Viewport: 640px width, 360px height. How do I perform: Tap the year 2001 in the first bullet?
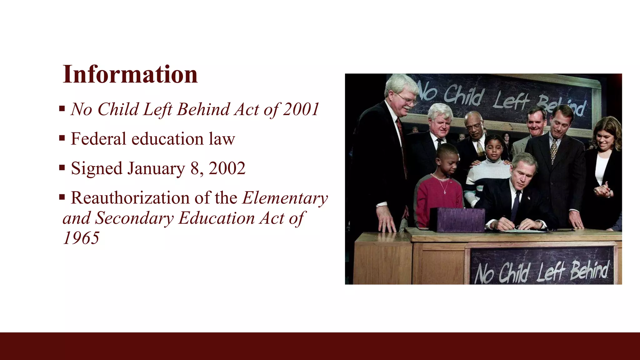pos(301,109)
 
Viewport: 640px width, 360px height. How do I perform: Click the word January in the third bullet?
pos(156,169)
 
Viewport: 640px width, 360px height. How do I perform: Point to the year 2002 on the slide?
pos(227,168)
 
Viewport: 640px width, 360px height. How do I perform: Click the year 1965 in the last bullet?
pos(81,238)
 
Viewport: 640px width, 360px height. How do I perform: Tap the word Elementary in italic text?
pos(285,198)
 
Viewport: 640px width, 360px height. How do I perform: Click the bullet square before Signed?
pos(62,168)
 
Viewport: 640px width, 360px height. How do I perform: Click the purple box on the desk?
pos(457,219)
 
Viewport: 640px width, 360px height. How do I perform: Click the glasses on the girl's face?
pos(494,147)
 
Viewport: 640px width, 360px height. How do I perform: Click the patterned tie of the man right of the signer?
pos(553,150)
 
